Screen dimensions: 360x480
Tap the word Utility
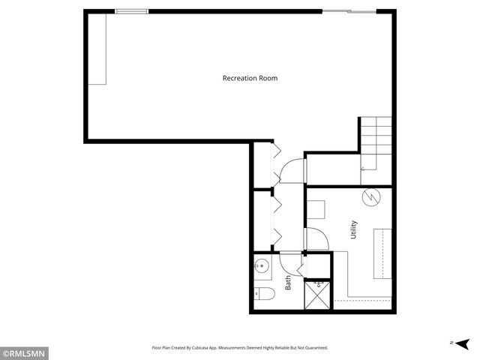[353, 229]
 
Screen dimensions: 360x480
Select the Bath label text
[288, 283]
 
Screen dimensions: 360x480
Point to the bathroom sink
[261, 265]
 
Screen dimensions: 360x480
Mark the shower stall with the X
[317, 295]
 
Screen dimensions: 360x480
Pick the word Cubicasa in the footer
[224, 348]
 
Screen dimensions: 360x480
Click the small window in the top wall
[132, 10]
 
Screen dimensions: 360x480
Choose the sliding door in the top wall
[348, 10]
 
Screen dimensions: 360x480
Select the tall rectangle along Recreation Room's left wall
[98, 49]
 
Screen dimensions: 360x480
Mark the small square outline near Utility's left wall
[316, 208]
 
